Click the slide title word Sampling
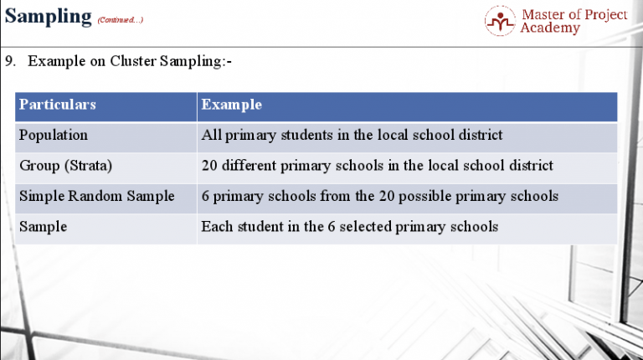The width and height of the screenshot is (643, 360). click(48, 17)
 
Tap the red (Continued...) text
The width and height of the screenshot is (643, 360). click(121, 20)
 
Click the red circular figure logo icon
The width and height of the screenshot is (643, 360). click(500, 21)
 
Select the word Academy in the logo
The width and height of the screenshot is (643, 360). click(550, 28)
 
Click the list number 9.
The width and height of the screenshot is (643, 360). click(9, 61)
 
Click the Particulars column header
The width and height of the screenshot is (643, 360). click(57, 105)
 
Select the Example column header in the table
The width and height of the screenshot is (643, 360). click(232, 105)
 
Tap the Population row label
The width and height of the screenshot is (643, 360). click(53, 135)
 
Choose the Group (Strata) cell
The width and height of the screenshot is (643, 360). click(65, 166)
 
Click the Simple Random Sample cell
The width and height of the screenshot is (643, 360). click(96, 196)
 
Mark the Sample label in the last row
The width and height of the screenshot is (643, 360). click(43, 226)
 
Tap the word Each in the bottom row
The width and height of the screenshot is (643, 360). click(216, 226)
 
